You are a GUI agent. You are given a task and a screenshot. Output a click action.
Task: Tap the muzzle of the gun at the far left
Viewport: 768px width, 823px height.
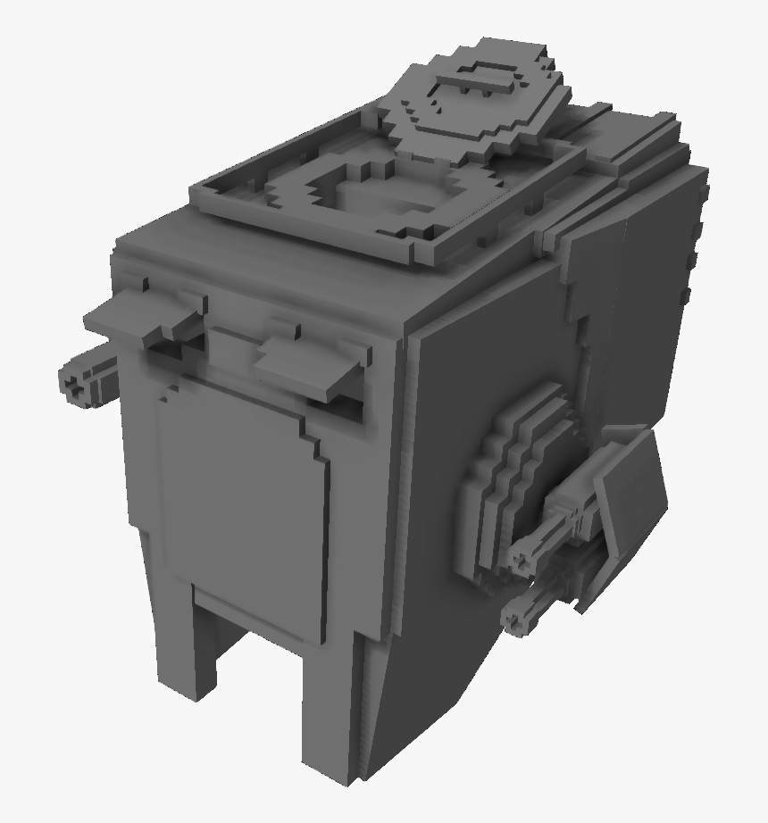click(72, 384)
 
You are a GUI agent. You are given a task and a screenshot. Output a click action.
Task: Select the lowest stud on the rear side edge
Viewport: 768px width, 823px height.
click(686, 294)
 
